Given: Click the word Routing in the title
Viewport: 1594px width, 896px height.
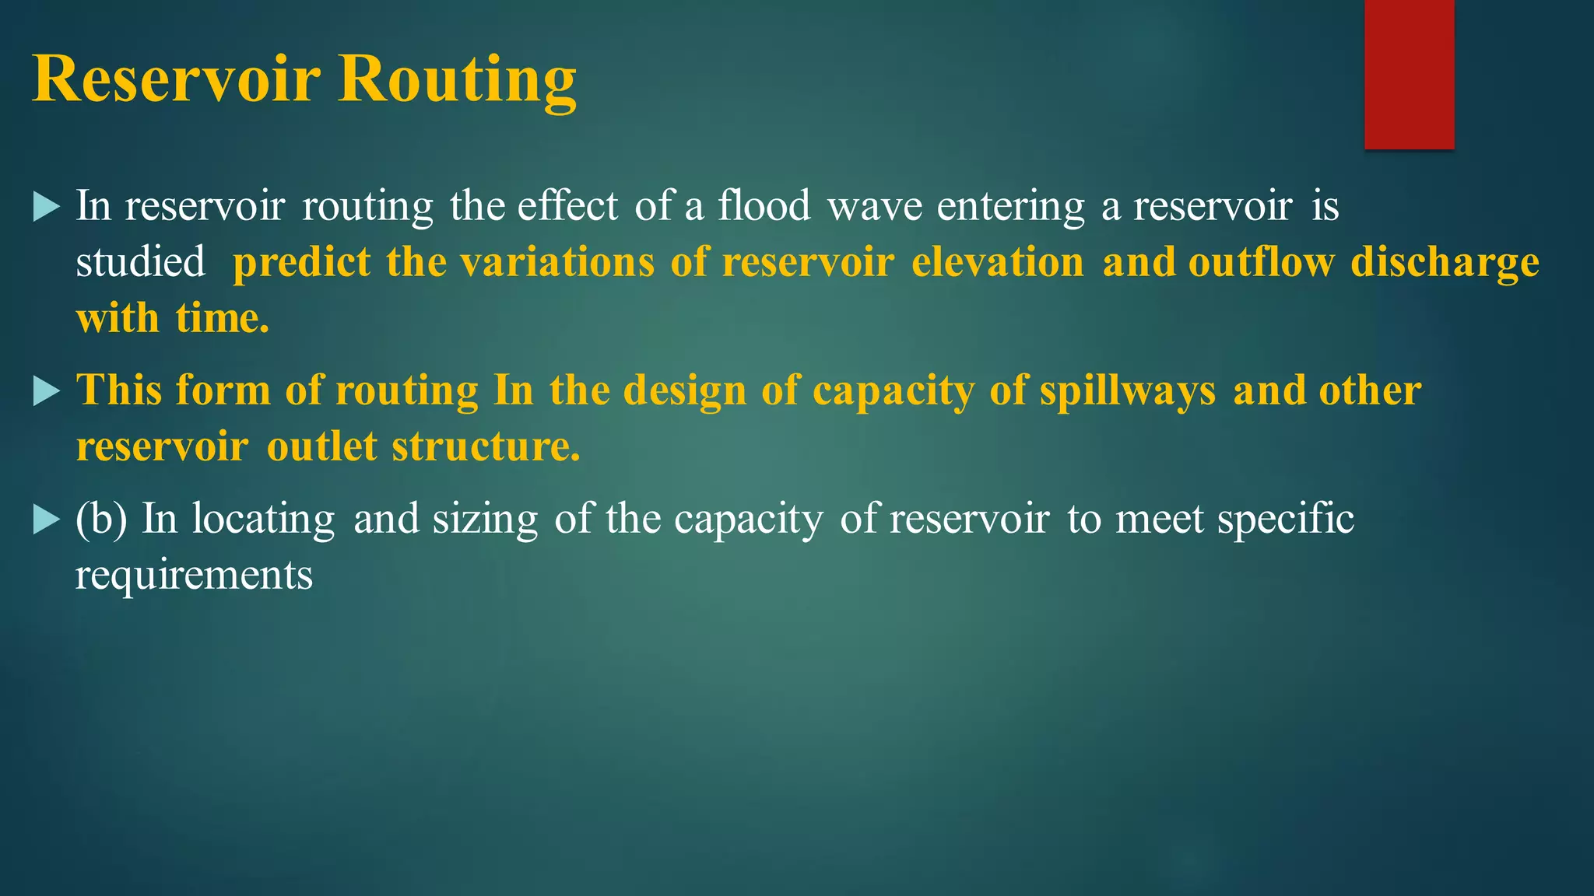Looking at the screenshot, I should click(x=457, y=79).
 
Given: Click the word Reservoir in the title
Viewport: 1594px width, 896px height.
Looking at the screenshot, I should click(x=176, y=79).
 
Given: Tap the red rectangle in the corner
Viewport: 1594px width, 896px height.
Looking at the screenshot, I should click(x=1409, y=74).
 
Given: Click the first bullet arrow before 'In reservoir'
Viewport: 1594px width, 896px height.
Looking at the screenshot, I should click(x=47, y=207).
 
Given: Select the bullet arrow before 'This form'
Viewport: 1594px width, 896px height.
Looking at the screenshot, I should click(x=47, y=391).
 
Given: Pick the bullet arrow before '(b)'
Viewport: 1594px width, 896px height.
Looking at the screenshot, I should click(x=47, y=520).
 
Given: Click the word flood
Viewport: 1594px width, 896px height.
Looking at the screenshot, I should click(x=764, y=207).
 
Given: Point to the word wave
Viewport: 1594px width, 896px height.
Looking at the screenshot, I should click(x=874, y=207).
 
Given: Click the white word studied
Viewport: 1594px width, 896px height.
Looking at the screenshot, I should click(x=140, y=262).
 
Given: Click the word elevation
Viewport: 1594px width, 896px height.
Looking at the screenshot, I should click(x=997, y=262).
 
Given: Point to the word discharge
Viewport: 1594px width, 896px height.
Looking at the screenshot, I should click(x=1445, y=263).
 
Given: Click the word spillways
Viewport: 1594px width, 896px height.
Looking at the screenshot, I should click(x=1127, y=391).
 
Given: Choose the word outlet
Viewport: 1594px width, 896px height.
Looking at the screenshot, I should click(x=321, y=447).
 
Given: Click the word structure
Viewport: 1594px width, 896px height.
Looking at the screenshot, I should click(x=486, y=447).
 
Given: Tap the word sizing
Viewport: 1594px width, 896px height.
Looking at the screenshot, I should click(x=485, y=520).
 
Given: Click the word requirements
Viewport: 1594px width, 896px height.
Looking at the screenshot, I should click(x=194, y=576).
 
